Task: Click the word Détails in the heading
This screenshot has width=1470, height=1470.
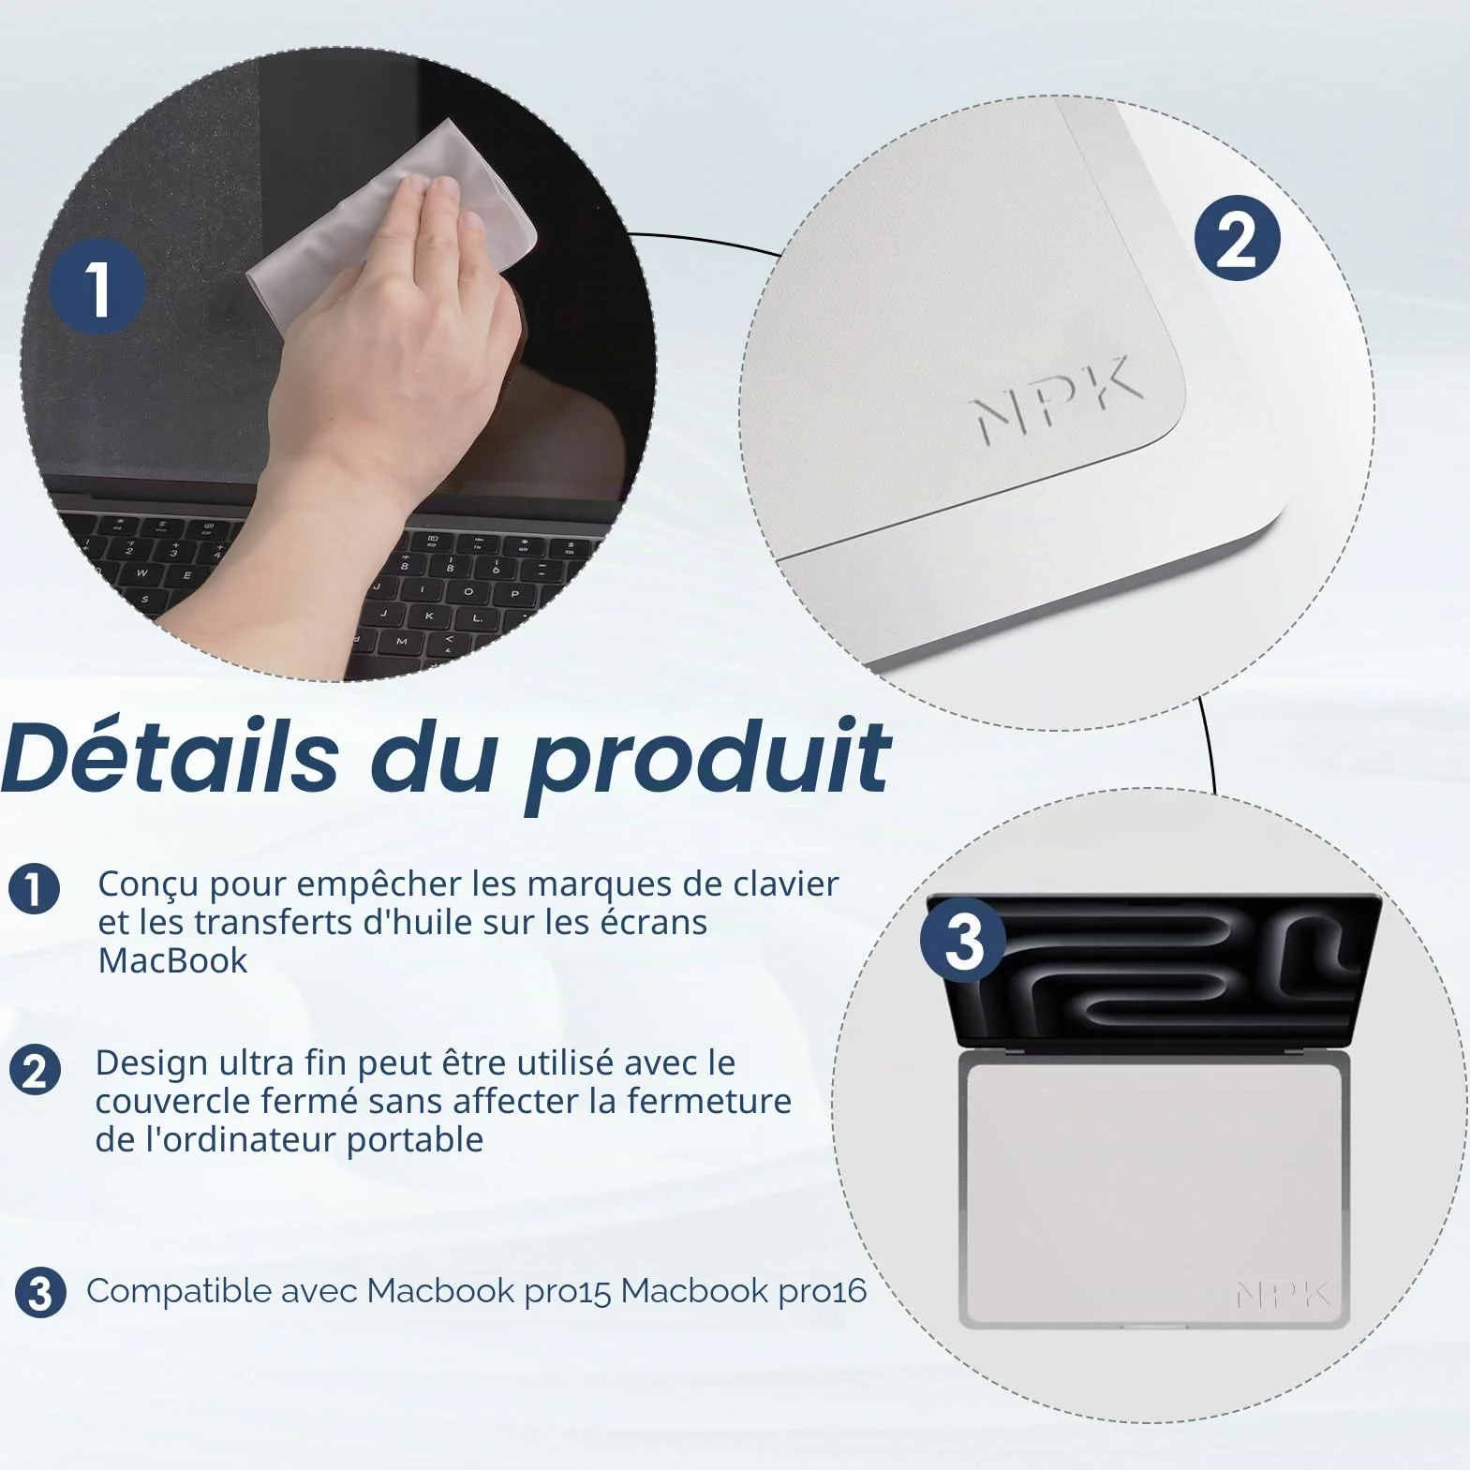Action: click(x=171, y=756)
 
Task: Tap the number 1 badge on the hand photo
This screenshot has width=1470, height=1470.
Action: click(x=97, y=288)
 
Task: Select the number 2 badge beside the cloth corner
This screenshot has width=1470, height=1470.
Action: click(x=1237, y=239)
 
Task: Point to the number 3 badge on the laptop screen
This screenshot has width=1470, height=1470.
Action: click(x=963, y=940)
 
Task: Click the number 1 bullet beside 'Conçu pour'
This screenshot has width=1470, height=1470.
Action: click(x=35, y=888)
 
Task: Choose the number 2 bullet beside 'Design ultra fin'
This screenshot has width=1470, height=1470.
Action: click(x=35, y=1070)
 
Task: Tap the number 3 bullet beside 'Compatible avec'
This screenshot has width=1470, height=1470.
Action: click(x=40, y=1293)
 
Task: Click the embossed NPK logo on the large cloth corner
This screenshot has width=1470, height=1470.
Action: click(x=1056, y=398)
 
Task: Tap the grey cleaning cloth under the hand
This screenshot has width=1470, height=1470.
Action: click(x=393, y=225)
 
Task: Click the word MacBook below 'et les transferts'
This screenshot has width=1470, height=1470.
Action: click(x=173, y=961)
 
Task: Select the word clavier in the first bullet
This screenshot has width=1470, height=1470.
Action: click(x=785, y=883)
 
